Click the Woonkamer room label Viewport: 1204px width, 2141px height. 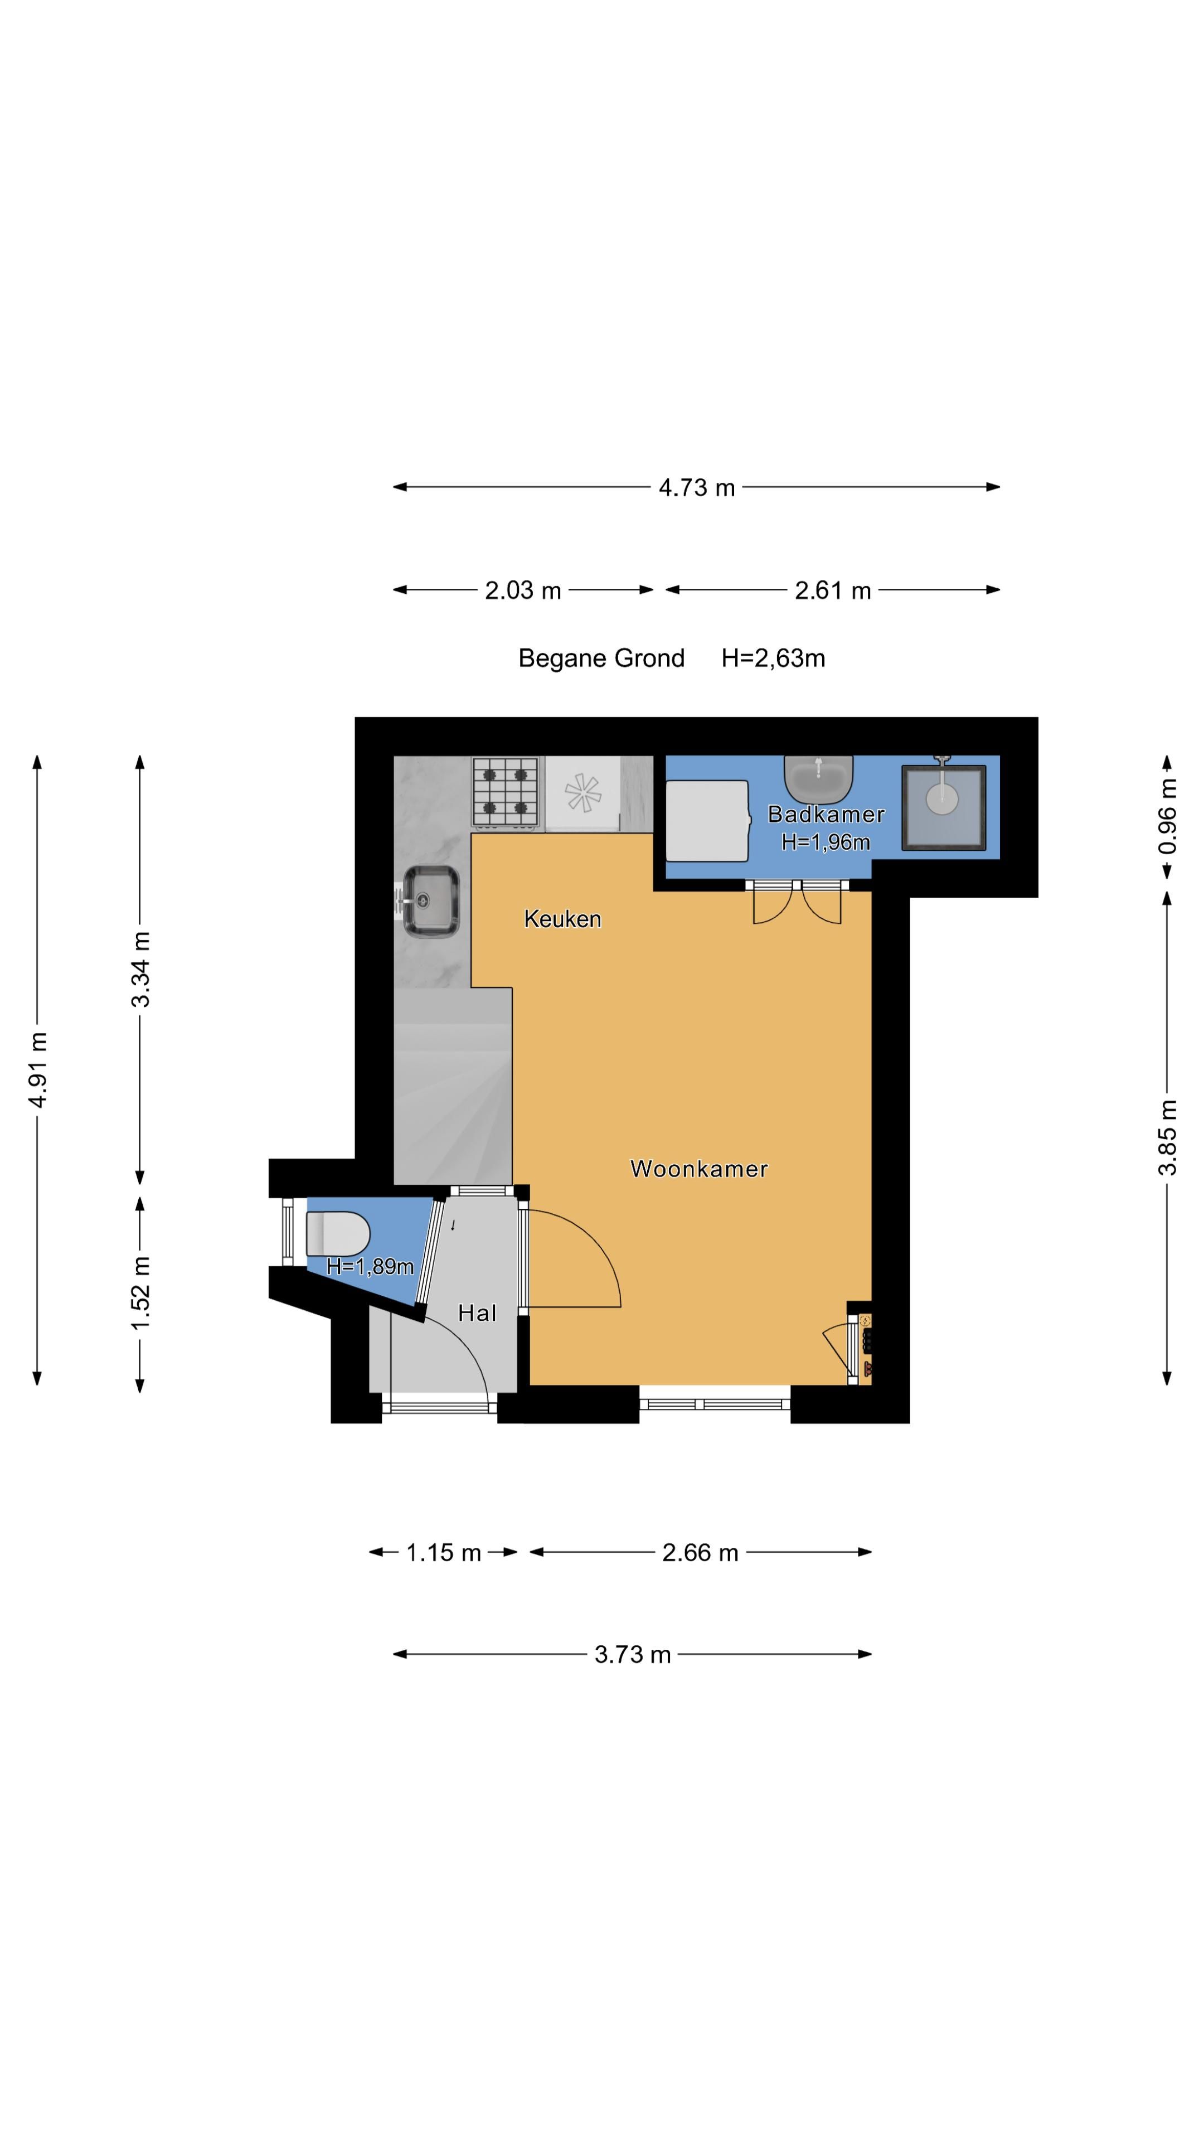pos(699,1169)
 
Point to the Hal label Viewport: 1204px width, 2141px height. pos(477,1312)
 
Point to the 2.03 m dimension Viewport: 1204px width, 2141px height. pos(523,590)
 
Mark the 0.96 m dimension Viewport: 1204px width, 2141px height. pos(1167,815)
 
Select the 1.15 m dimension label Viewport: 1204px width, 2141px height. pos(443,1553)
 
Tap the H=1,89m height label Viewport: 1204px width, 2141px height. pos(370,1267)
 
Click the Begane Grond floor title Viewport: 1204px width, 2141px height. pos(601,658)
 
